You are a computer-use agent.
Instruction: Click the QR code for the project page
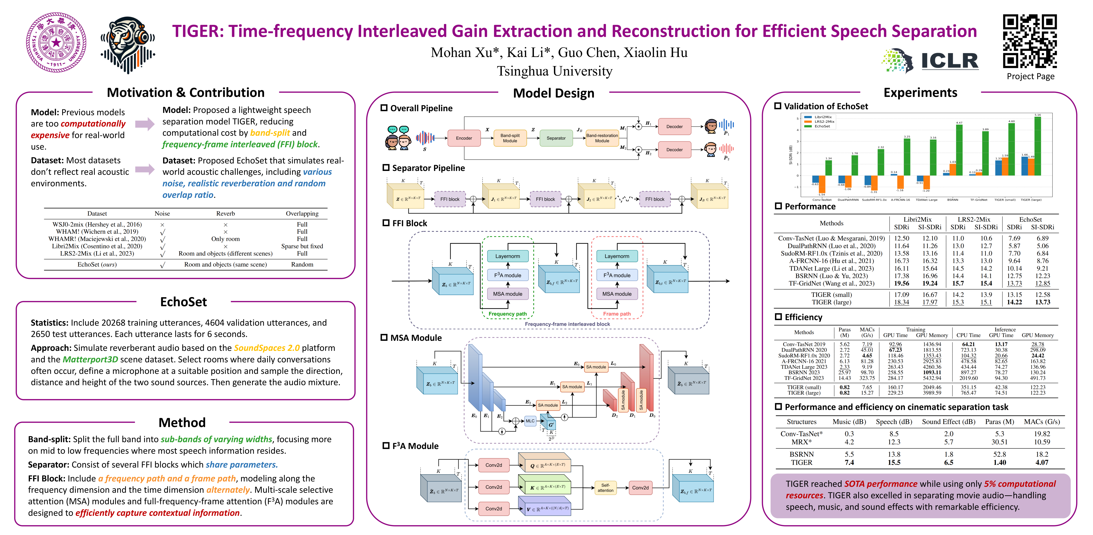(1030, 41)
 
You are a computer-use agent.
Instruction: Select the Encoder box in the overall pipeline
(464, 138)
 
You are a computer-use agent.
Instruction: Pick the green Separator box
(556, 138)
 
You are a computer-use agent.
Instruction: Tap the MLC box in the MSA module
(530, 421)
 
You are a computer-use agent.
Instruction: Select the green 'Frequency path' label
(507, 314)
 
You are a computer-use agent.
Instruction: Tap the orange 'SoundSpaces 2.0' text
(266, 348)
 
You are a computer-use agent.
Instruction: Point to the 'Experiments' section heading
(920, 92)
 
